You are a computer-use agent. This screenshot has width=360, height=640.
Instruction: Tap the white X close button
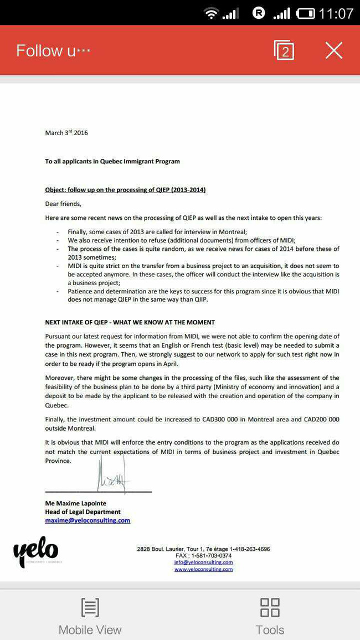coord(333,50)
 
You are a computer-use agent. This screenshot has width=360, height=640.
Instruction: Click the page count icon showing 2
coord(284,50)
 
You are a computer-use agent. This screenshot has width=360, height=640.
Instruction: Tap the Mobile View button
coord(90,616)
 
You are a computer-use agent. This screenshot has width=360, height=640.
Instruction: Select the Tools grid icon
coord(270,607)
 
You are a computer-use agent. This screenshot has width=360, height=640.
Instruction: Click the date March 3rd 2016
coord(66,133)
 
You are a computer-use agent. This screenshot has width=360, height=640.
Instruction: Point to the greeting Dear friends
coord(63,204)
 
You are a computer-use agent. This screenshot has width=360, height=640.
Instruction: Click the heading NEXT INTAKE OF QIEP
coord(130,322)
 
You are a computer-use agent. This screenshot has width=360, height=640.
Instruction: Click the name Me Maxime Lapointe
coord(76,503)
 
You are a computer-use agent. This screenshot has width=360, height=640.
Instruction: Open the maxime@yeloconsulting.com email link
coord(88,520)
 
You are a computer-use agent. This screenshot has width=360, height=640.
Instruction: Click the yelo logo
coord(36,551)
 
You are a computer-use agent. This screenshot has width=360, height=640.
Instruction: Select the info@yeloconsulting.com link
coord(203,562)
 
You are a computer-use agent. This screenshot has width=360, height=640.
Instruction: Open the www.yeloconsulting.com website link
coord(203,569)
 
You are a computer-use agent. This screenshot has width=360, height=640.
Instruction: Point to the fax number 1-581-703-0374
coord(211,555)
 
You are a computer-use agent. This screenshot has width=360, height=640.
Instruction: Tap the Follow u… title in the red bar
coord(53,51)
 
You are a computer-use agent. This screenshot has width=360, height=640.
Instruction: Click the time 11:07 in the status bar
coord(336,13)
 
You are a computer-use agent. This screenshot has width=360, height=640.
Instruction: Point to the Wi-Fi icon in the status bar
coord(211,13)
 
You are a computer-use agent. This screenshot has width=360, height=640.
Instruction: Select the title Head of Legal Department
coord(83,512)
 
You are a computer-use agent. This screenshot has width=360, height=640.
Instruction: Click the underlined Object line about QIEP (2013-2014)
coord(125,190)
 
